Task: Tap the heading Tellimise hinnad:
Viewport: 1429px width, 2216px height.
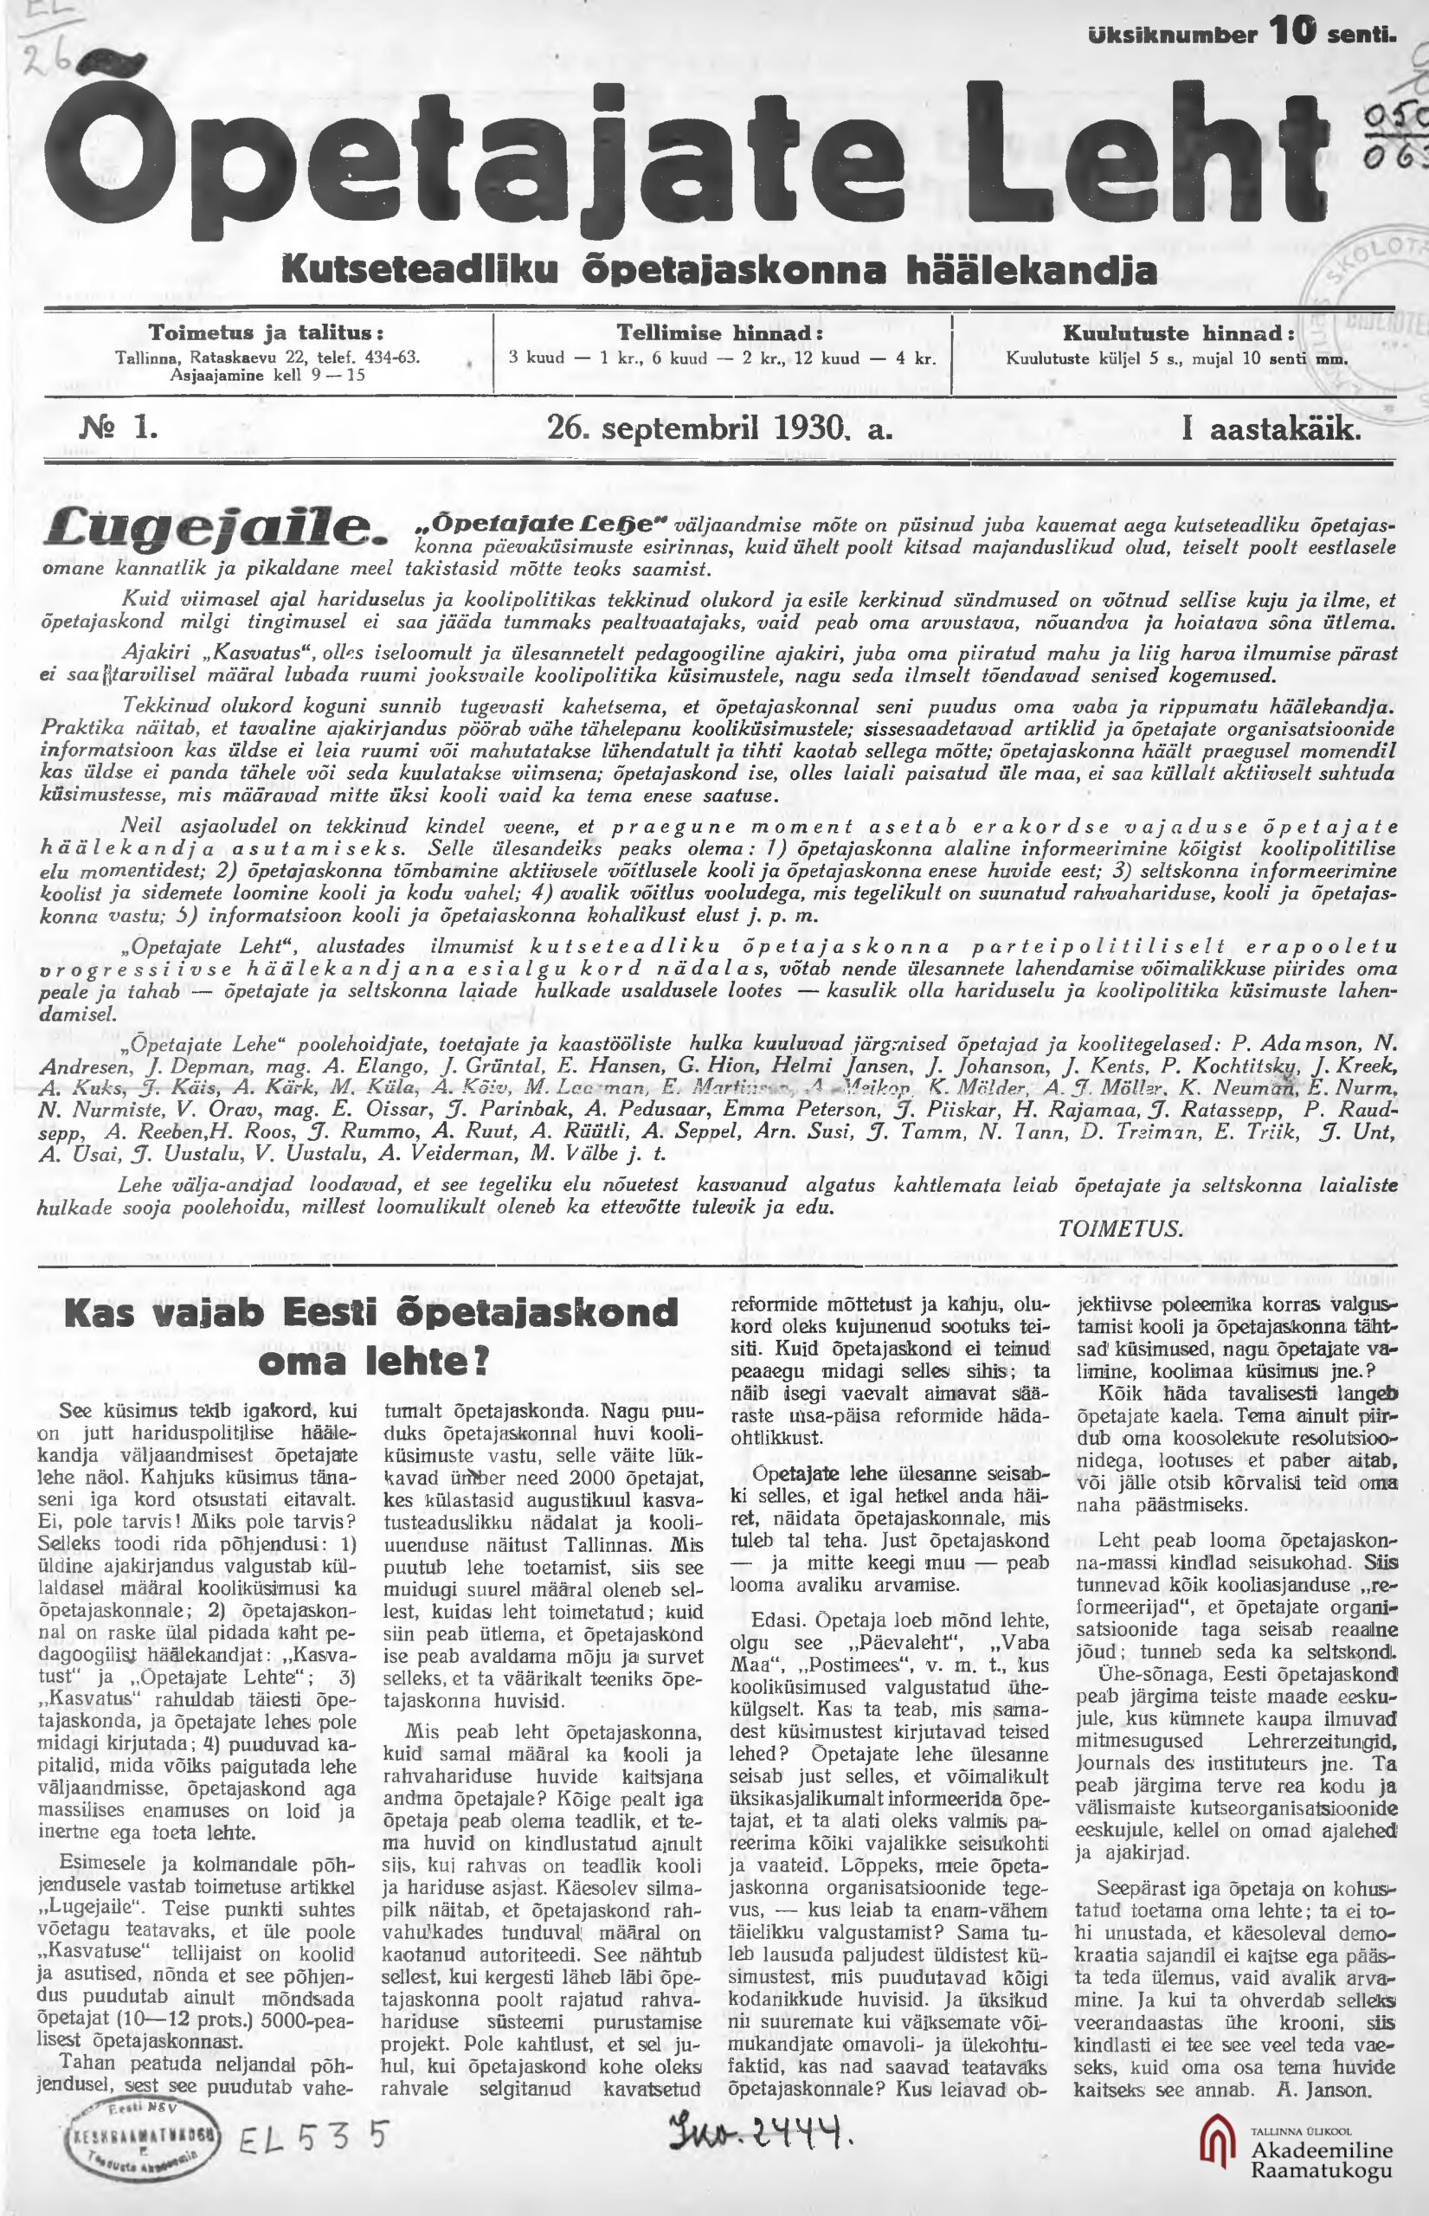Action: point(720,333)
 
